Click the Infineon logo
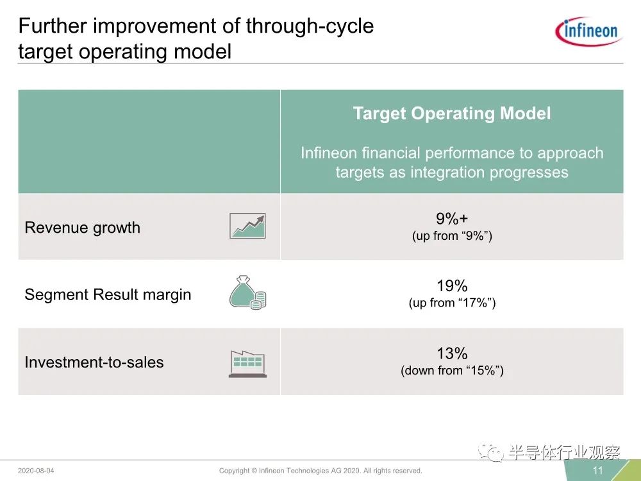coord(588,31)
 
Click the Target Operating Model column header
coord(452,114)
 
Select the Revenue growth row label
coord(82,228)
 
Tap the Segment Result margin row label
coord(108,294)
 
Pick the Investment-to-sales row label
coord(94,362)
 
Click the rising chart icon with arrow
coord(247,226)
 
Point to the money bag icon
coord(247,292)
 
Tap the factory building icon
coord(247,364)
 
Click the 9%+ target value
coord(452,219)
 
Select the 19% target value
coord(452,285)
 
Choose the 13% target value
coord(452,353)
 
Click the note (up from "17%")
coord(452,303)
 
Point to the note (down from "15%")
coord(452,371)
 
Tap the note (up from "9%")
coord(452,236)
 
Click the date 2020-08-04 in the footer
coord(36,471)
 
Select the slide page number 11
coord(597,470)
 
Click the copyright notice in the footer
coord(320,471)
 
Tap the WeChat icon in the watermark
coord(491,453)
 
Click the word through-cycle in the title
coord(310,26)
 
